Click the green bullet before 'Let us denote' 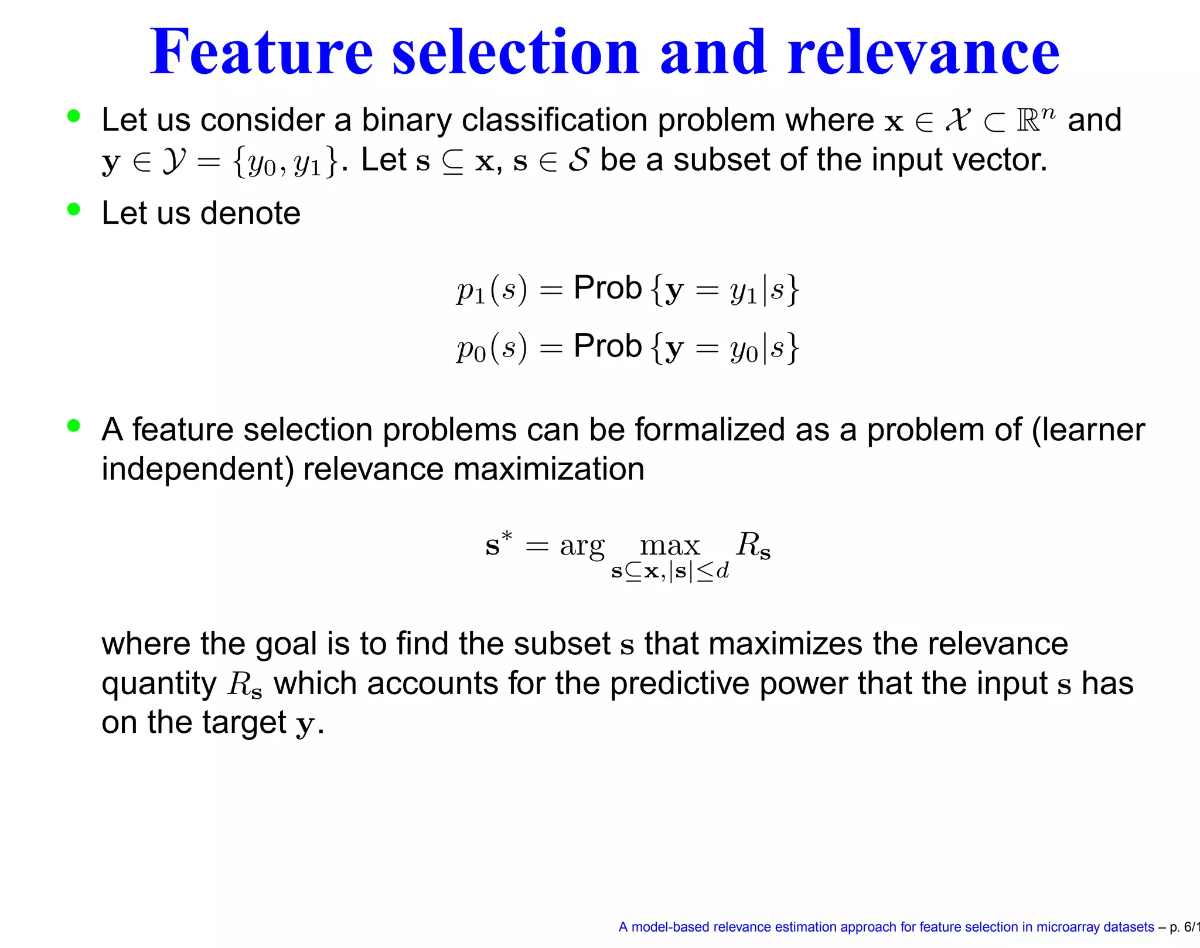[73, 209]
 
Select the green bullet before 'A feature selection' [73, 426]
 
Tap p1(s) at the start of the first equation [492, 289]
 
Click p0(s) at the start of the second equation [492, 348]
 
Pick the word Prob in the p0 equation [608, 346]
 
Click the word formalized [709, 430]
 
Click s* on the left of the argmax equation [499, 543]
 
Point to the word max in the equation [670, 546]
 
